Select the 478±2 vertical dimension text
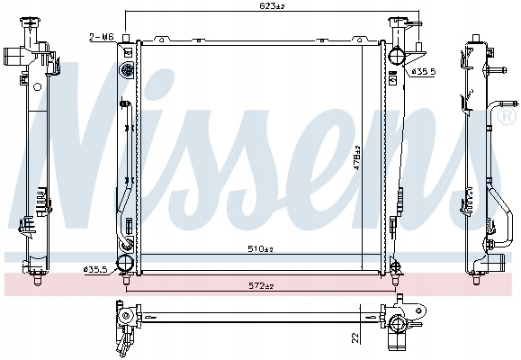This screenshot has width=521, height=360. point(357,157)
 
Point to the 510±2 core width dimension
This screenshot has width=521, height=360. point(261,248)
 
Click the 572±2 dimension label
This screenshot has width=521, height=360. point(261,285)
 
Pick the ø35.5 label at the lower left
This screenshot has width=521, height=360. point(96,270)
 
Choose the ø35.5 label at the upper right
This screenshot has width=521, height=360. point(423,71)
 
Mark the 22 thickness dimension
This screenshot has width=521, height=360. point(355,337)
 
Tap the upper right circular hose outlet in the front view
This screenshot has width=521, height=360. point(397,56)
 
